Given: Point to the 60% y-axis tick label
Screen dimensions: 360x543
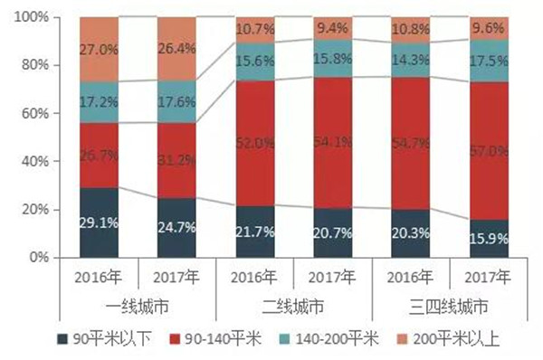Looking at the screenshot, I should (x=35, y=113).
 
